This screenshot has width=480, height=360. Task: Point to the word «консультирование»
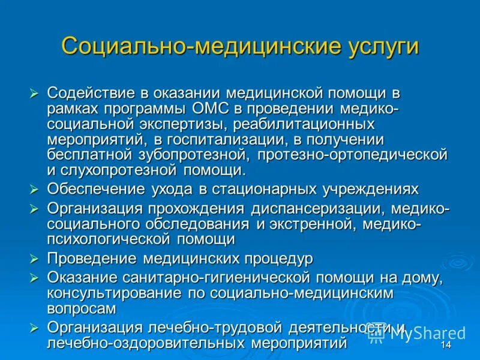[110, 294]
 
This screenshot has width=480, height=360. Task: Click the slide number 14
[446, 346]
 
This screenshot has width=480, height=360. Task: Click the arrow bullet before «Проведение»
[34, 259]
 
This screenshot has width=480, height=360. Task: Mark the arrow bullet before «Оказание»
[34, 278]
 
